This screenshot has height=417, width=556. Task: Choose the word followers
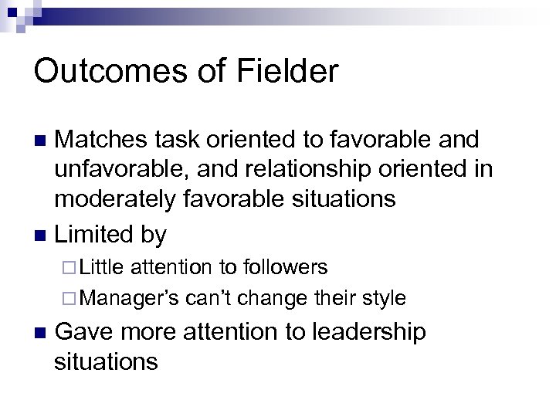[x=286, y=267]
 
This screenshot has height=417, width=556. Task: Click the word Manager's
[x=130, y=297]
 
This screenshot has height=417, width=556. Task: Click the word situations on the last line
[x=107, y=361]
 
